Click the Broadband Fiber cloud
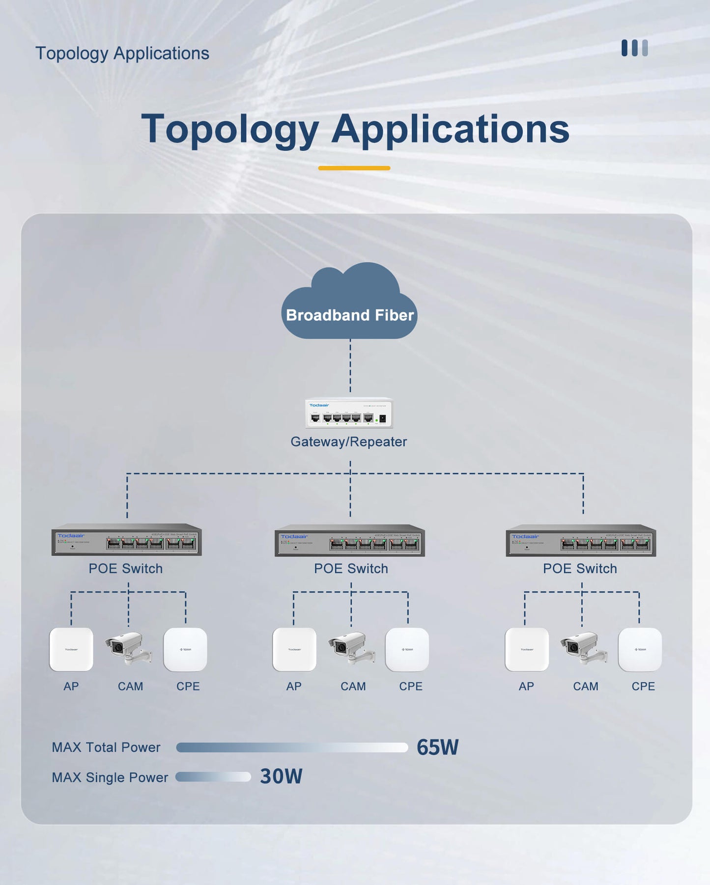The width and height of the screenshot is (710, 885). (349, 304)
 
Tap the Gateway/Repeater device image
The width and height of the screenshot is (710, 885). (349, 413)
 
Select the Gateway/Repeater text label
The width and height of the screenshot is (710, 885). (349, 442)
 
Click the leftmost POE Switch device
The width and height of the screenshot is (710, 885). (127, 540)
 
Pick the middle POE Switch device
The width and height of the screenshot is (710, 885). (350, 540)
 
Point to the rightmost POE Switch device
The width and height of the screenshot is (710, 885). (581, 540)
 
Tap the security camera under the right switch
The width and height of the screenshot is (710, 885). (583, 648)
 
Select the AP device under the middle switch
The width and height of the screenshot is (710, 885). (294, 649)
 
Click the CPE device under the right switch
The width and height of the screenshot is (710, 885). (640, 649)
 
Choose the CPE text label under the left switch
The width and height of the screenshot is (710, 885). (188, 686)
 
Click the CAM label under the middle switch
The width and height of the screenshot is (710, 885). (353, 686)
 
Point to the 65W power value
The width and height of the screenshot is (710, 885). (437, 747)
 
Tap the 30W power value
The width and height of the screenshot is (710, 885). (281, 776)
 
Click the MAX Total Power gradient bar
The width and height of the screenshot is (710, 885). (292, 747)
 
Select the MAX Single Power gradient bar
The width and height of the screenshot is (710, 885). (213, 776)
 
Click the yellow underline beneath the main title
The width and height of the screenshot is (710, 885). (354, 168)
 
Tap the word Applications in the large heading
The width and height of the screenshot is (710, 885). (450, 129)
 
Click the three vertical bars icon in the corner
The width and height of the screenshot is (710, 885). (634, 48)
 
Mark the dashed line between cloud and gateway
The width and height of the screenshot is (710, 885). (350, 366)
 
